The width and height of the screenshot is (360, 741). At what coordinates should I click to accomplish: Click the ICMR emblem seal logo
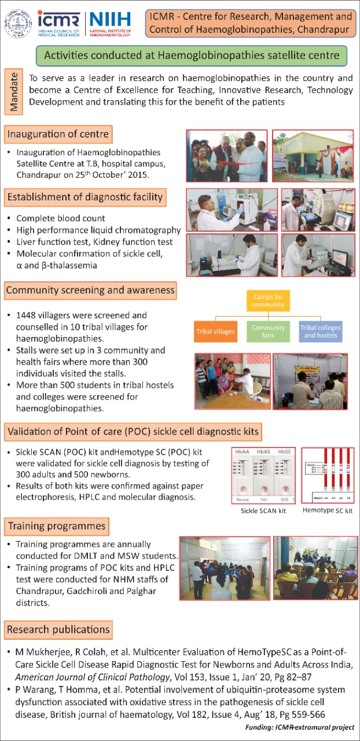(19, 23)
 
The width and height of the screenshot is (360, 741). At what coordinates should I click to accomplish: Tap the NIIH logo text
(110, 19)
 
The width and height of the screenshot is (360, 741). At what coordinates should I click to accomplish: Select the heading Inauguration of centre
(57, 135)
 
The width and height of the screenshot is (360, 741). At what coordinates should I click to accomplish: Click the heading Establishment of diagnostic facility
(85, 197)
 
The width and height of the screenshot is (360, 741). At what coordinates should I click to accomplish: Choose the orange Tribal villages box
(215, 332)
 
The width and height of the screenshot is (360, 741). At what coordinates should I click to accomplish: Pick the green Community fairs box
(268, 332)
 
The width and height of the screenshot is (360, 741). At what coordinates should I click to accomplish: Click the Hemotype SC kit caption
(328, 511)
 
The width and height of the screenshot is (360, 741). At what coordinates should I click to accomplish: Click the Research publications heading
(58, 629)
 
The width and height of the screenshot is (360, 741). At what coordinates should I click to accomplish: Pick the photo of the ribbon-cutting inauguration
(226, 155)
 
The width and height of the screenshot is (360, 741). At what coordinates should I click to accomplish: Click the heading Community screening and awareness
(90, 289)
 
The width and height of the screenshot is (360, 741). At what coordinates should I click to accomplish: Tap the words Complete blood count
(61, 218)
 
